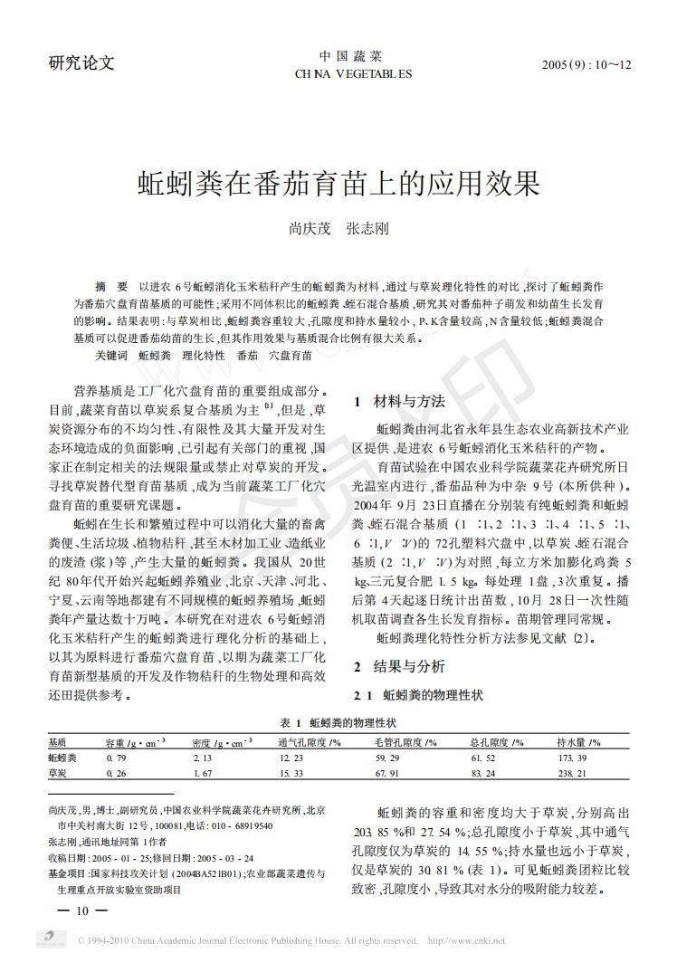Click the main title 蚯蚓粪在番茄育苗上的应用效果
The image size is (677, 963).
pyautogui.click(x=338, y=184)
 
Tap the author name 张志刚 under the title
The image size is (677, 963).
pyautogui.click(x=367, y=230)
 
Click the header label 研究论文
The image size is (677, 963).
pyautogui.click(x=81, y=63)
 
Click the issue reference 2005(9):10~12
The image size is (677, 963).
pyautogui.click(x=586, y=65)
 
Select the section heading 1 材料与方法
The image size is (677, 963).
pyautogui.click(x=398, y=401)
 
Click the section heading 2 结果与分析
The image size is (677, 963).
pyautogui.click(x=398, y=668)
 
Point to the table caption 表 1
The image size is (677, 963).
pyautogui.click(x=291, y=723)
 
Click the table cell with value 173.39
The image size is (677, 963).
pyautogui.click(x=572, y=757)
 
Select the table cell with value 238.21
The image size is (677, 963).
pyautogui.click(x=572, y=774)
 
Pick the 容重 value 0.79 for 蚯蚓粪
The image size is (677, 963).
pyautogui.click(x=116, y=757)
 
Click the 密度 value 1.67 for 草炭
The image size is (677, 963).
pyautogui.click(x=202, y=774)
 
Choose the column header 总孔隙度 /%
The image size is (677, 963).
pyautogui.click(x=497, y=741)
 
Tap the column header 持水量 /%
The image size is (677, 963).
pyautogui.click(x=578, y=741)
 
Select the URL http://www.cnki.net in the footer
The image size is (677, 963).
pyautogui.click(x=465, y=940)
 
